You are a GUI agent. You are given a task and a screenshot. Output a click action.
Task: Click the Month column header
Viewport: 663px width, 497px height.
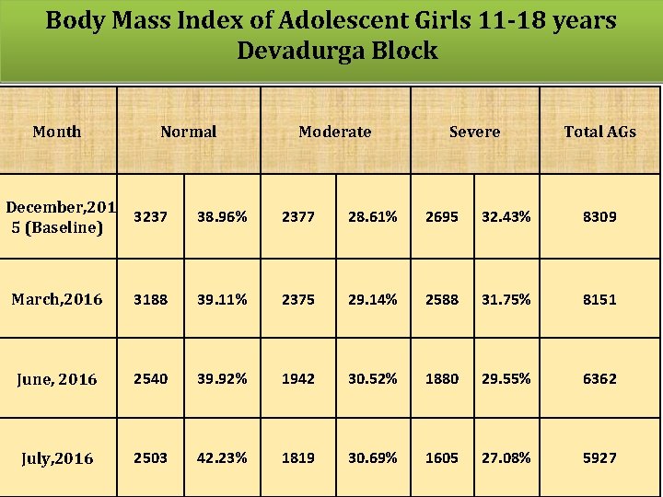click(x=57, y=132)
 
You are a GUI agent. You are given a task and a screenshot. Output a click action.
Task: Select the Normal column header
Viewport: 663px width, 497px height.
click(x=189, y=132)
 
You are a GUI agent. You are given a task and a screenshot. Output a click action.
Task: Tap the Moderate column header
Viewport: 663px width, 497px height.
click(x=335, y=132)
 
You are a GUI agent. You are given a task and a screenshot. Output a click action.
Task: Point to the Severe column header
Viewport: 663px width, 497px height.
click(x=474, y=132)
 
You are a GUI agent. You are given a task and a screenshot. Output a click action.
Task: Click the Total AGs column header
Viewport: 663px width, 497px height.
click(x=599, y=132)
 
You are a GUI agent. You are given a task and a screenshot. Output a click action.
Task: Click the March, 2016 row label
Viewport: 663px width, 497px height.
click(x=57, y=299)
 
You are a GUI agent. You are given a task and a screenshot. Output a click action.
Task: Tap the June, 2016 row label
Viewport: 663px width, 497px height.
click(x=57, y=379)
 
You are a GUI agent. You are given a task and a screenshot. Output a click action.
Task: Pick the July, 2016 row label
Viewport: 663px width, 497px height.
click(x=57, y=458)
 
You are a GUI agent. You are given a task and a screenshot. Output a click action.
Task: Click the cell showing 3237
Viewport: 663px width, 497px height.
click(x=150, y=217)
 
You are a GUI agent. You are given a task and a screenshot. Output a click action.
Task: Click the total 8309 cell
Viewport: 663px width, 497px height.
click(x=599, y=217)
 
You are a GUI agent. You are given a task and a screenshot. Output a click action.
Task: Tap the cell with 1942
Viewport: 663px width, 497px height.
click(x=297, y=378)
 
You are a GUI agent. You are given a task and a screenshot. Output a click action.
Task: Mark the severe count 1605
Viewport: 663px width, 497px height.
click(x=441, y=457)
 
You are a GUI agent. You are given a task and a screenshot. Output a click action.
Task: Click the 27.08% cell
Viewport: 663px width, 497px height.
click(x=506, y=457)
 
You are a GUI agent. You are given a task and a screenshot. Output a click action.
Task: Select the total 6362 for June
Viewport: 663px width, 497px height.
click(x=599, y=378)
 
